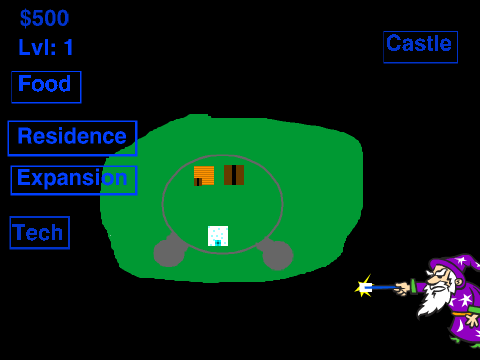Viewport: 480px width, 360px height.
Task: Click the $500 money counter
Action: point(44,18)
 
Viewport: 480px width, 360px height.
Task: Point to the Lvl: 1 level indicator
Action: point(46,47)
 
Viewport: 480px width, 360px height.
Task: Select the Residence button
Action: point(72,138)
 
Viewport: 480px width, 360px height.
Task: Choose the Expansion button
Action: point(74,180)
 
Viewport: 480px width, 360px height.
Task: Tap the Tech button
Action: point(40,233)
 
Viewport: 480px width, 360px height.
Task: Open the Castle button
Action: point(420,47)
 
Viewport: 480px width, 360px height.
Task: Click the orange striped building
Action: point(204,176)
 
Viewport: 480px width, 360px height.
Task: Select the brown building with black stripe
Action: point(234,175)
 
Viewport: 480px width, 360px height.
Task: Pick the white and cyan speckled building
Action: point(218,236)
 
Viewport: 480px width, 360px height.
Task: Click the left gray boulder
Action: point(169,252)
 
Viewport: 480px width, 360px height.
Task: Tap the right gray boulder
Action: point(277,254)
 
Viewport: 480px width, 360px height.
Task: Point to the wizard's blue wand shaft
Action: point(382,287)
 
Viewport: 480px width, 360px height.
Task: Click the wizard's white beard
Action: point(433,298)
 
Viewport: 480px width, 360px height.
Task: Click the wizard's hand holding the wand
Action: point(402,288)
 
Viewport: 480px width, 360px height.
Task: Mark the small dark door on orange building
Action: point(198,182)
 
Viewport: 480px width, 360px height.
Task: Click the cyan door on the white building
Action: point(218,243)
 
